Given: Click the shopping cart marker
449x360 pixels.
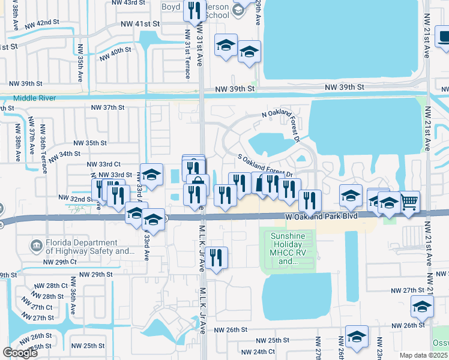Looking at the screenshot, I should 409,201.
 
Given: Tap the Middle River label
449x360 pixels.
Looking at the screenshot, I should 34,98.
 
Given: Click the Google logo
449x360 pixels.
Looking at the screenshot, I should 20,353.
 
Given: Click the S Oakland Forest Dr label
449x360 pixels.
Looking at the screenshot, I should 265,166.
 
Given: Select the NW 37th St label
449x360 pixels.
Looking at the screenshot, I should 107,107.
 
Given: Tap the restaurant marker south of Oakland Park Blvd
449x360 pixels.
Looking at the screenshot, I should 216,258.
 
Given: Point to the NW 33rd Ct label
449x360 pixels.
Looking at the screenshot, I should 104,164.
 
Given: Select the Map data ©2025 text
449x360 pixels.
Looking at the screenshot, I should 423,355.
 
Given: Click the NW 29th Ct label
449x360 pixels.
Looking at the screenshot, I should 60,262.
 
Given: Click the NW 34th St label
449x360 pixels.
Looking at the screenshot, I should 65,154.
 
